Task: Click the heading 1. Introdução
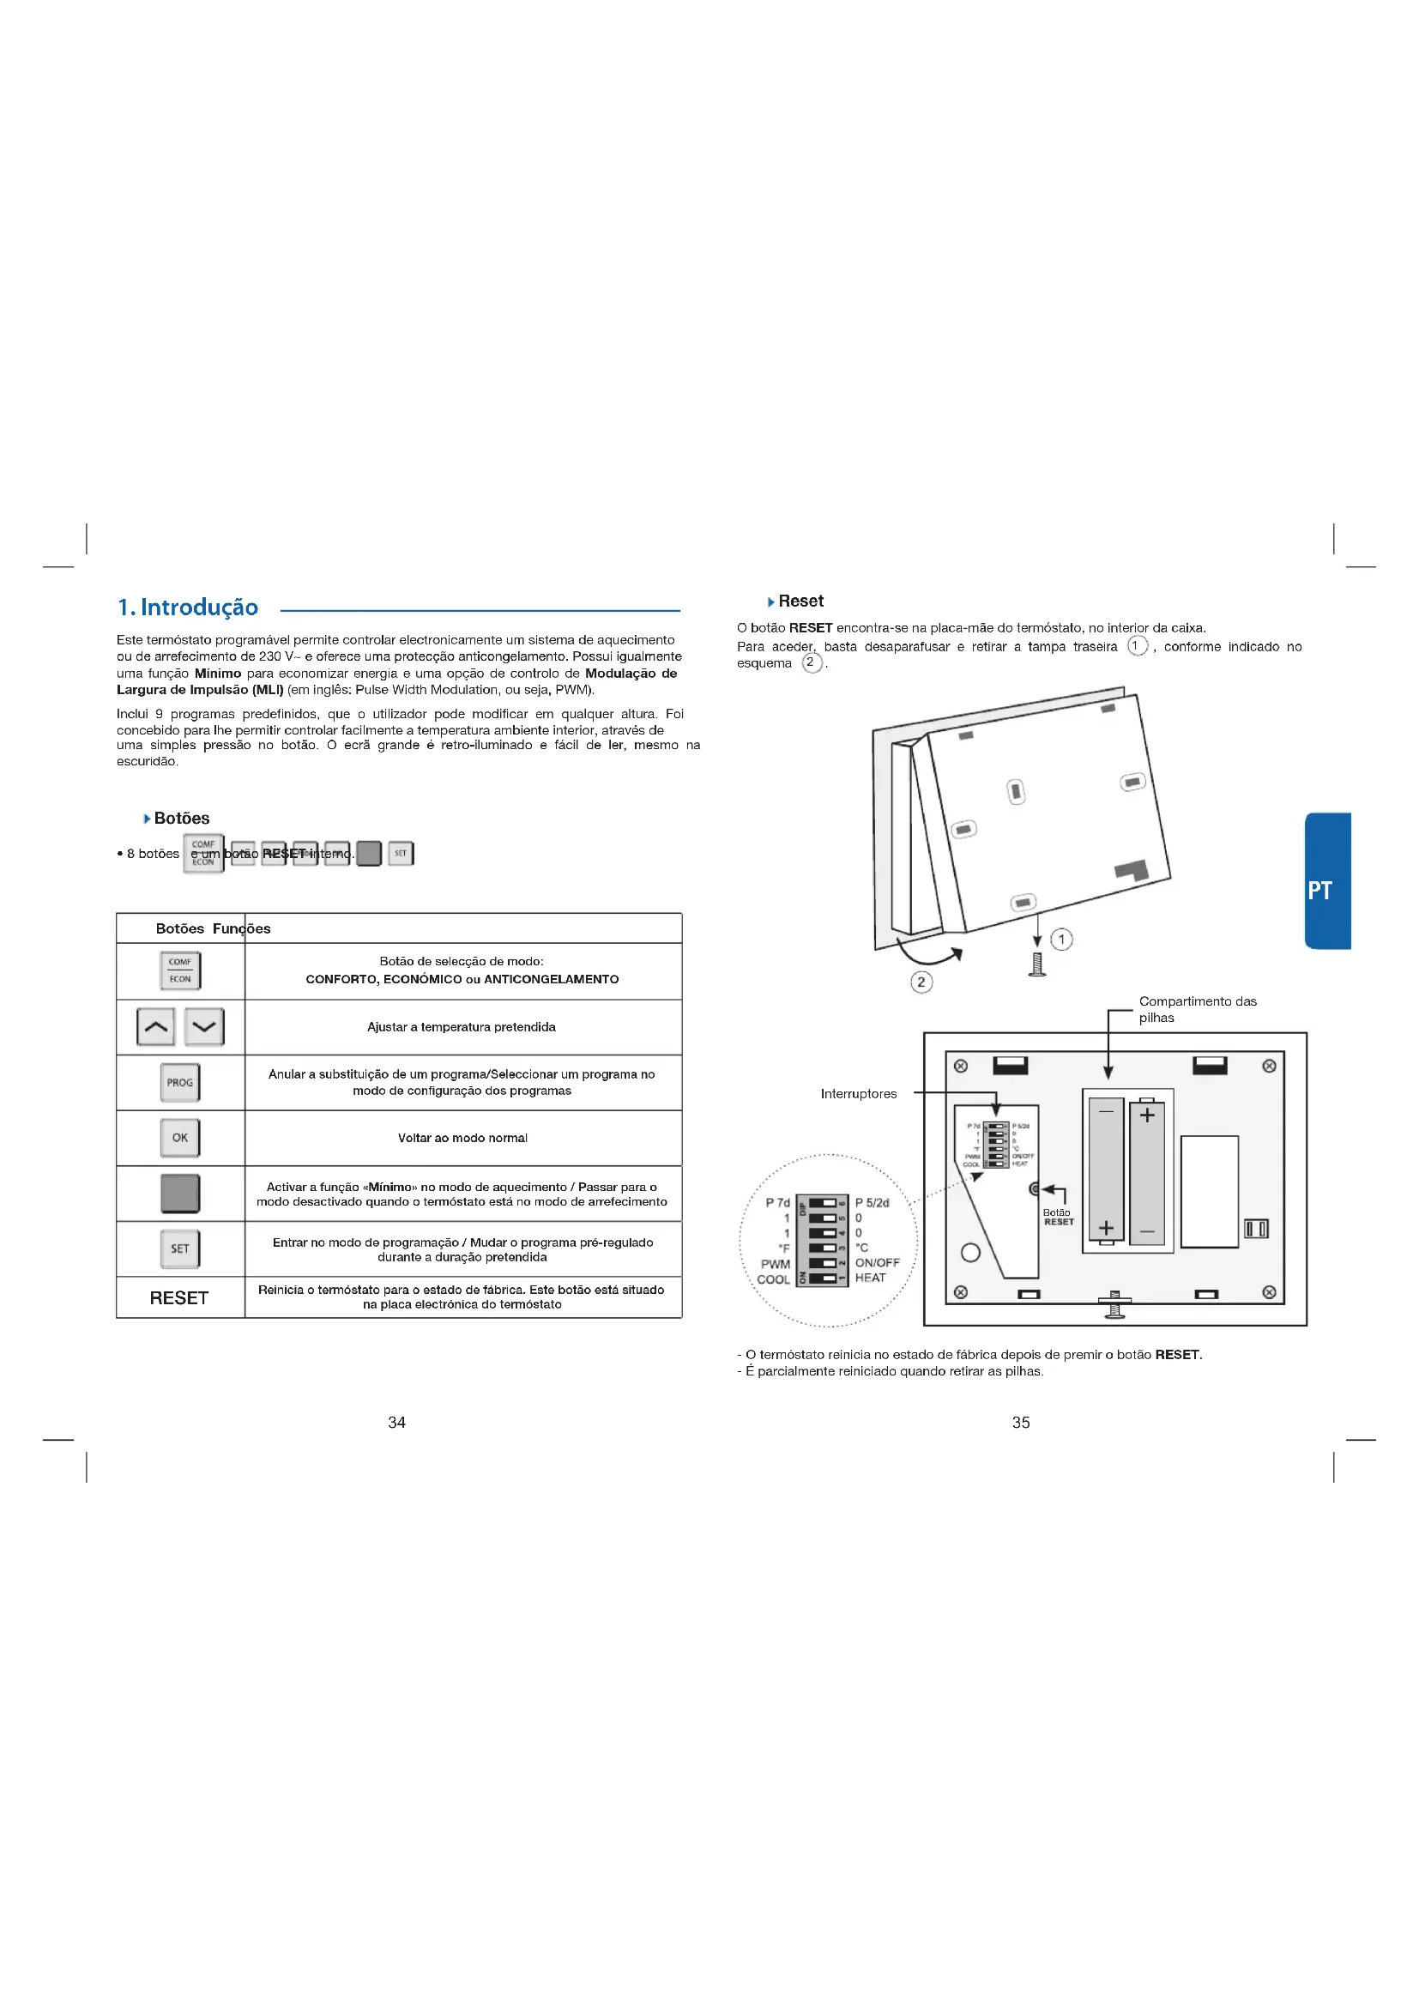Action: [x=188, y=608]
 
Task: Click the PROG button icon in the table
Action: [x=180, y=1082]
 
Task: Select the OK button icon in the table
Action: [x=180, y=1137]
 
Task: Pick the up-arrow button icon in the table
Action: [x=155, y=1026]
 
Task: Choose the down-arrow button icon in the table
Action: [x=204, y=1026]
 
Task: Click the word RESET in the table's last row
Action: [x=179, y=1298]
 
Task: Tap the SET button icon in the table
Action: [x=180, y=1248]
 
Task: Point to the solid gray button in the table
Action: [x=180, y=1194]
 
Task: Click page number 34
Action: [x=396, y=1422]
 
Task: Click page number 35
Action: [x=1021, y=1422]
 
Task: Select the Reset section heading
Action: [x=800, y=601]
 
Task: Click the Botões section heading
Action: [x=181, y=819]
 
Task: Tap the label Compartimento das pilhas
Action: [x=1197, y=1009]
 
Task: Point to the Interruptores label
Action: [x=858, y=1093]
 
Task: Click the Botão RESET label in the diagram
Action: [x=1057, y=1217]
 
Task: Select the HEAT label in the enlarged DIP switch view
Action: [x=870, y=1278]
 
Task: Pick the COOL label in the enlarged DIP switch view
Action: [x=773, y=1279]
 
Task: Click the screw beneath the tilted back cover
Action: [x=1037, y=964]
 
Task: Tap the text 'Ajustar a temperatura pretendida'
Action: [x=462, y=1027]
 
